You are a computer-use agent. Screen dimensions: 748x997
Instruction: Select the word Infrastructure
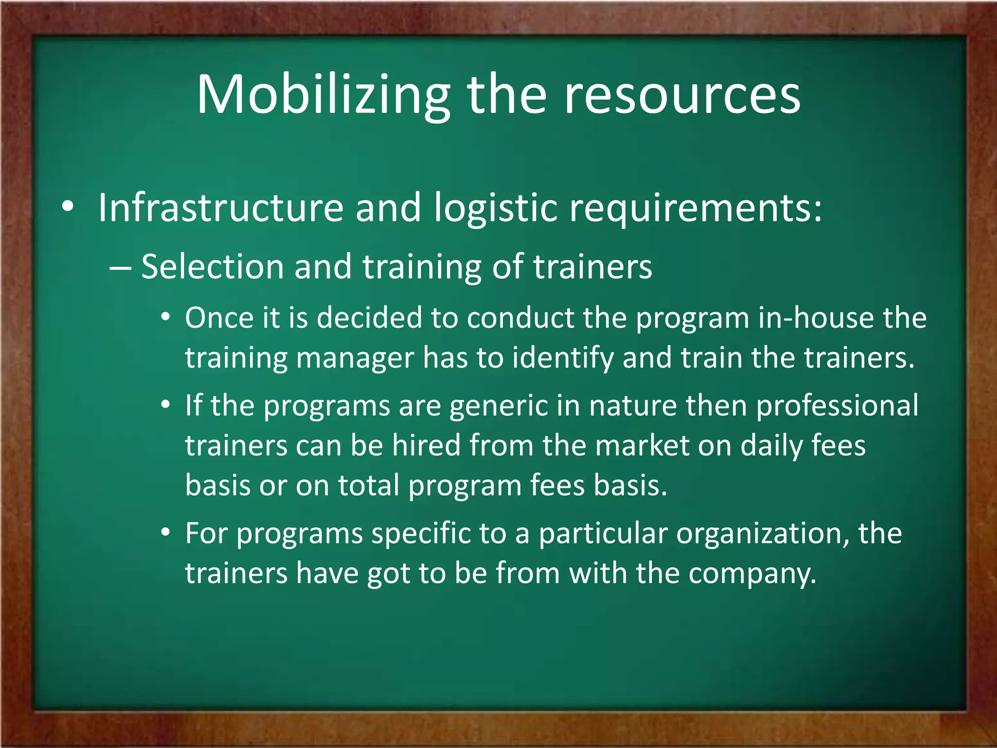point(221,208)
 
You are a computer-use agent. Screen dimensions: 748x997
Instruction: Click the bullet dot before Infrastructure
point(68,207)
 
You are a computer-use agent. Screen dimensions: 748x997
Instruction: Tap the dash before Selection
point(120,268)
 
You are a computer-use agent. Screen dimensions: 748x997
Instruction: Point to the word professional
point(837,407)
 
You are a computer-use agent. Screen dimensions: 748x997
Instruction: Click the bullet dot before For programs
point(166,532)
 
